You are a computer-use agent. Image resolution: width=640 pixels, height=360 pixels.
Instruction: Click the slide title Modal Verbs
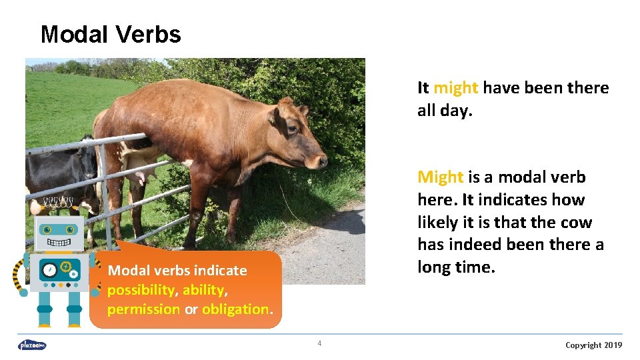point(111,34)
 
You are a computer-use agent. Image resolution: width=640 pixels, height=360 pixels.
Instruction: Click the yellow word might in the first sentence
point(455,88)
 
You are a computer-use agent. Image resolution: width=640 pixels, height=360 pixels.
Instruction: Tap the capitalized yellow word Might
point(440,177)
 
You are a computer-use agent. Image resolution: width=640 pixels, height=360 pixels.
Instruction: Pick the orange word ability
point(205,290)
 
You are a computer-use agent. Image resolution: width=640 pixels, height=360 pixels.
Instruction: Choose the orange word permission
point(143,309)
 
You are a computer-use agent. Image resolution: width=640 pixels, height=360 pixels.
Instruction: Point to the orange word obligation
point(235,309)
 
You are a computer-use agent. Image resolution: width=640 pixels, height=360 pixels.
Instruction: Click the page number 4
point(319,344)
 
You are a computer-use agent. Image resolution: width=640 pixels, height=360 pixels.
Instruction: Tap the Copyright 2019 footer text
point(593,345)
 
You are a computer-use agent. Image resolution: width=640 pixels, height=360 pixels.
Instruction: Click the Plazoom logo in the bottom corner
point(32,345)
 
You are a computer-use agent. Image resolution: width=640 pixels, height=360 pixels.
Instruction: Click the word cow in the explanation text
point(575,223)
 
